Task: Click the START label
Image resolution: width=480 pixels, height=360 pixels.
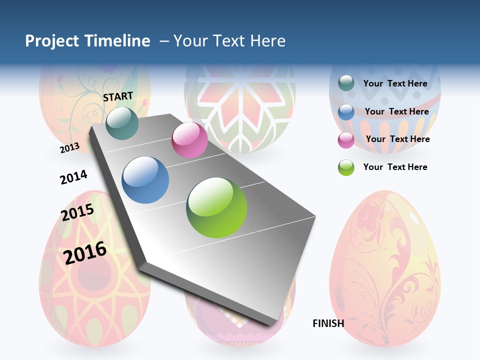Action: coord(118,96)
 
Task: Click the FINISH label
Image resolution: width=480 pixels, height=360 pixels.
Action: coord(328,323)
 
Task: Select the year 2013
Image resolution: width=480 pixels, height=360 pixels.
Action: coord(69,147)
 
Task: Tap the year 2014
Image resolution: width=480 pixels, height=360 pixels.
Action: coord(73,177)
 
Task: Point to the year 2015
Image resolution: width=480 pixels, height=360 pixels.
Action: coord(77,212)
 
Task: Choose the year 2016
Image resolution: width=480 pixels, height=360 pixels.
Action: coord(85,252)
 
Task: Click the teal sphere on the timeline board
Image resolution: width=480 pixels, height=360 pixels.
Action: coord(122,123)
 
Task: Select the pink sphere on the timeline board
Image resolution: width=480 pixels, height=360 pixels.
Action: coord(189,140)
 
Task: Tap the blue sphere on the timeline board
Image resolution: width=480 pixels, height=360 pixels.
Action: coord(145,180)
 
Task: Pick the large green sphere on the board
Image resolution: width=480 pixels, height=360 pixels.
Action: coord(216,207)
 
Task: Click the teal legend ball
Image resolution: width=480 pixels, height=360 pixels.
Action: coord(346,83)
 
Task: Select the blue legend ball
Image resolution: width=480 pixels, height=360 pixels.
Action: coord(346,112)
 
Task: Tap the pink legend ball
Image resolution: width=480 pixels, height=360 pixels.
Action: coord(346,140)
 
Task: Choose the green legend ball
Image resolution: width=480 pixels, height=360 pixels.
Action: coord(346,167)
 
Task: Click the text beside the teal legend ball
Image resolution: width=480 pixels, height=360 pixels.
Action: coord(395,83)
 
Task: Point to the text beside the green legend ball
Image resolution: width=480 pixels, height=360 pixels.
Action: coord(395,167)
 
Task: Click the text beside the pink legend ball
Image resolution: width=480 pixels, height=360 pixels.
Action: coord(397,139)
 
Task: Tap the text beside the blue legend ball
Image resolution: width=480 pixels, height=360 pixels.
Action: coord(396,111)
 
